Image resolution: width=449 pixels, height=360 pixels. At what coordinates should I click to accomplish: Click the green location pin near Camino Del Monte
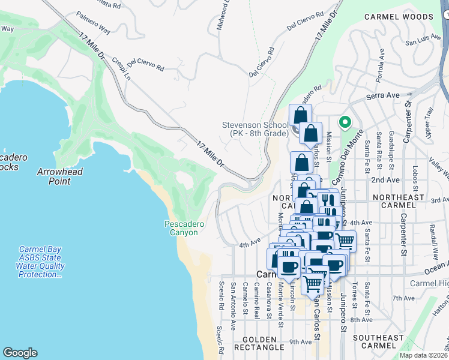(x=345, y=122)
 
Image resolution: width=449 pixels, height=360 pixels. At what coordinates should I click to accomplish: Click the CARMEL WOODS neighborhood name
(x=398, y=18)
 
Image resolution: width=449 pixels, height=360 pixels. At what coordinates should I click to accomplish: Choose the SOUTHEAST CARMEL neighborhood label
(x=378, y=343)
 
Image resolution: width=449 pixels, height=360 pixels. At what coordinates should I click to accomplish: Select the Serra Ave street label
(x=384, y=95)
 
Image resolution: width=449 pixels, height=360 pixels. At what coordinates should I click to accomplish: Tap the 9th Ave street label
(x=300, y=342)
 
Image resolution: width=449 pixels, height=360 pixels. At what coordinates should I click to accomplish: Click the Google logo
(x=20, y=353)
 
